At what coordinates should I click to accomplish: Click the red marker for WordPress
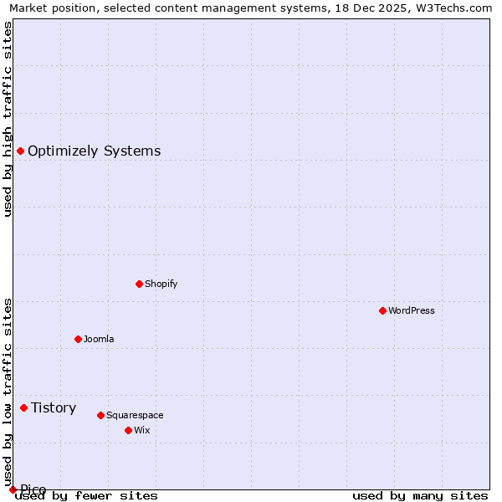click(382, 310)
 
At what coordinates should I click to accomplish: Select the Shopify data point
click(139, 284)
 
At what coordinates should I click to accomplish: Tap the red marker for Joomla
click(78, 339)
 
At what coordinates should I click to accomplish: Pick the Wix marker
click(128, 430)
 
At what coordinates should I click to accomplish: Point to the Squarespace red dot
click(100, 415)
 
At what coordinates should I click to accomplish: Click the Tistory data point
click(23, 407)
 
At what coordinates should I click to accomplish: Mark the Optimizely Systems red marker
click(20, 151)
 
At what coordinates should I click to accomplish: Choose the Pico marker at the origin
click(13, 489)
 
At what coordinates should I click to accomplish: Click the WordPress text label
click(412, 310)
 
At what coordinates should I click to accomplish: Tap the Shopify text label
click(161, 284)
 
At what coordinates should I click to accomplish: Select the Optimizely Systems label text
click(94, 151)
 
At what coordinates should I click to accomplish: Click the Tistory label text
click(54, 407)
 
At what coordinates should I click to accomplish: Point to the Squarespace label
click(135, 415)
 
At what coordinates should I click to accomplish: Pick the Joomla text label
click(99, 339)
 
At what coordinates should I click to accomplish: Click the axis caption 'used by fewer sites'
click(87, 496)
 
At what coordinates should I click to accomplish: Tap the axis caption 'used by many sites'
click(420, 496)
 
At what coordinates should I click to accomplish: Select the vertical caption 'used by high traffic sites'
click(8, 119)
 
